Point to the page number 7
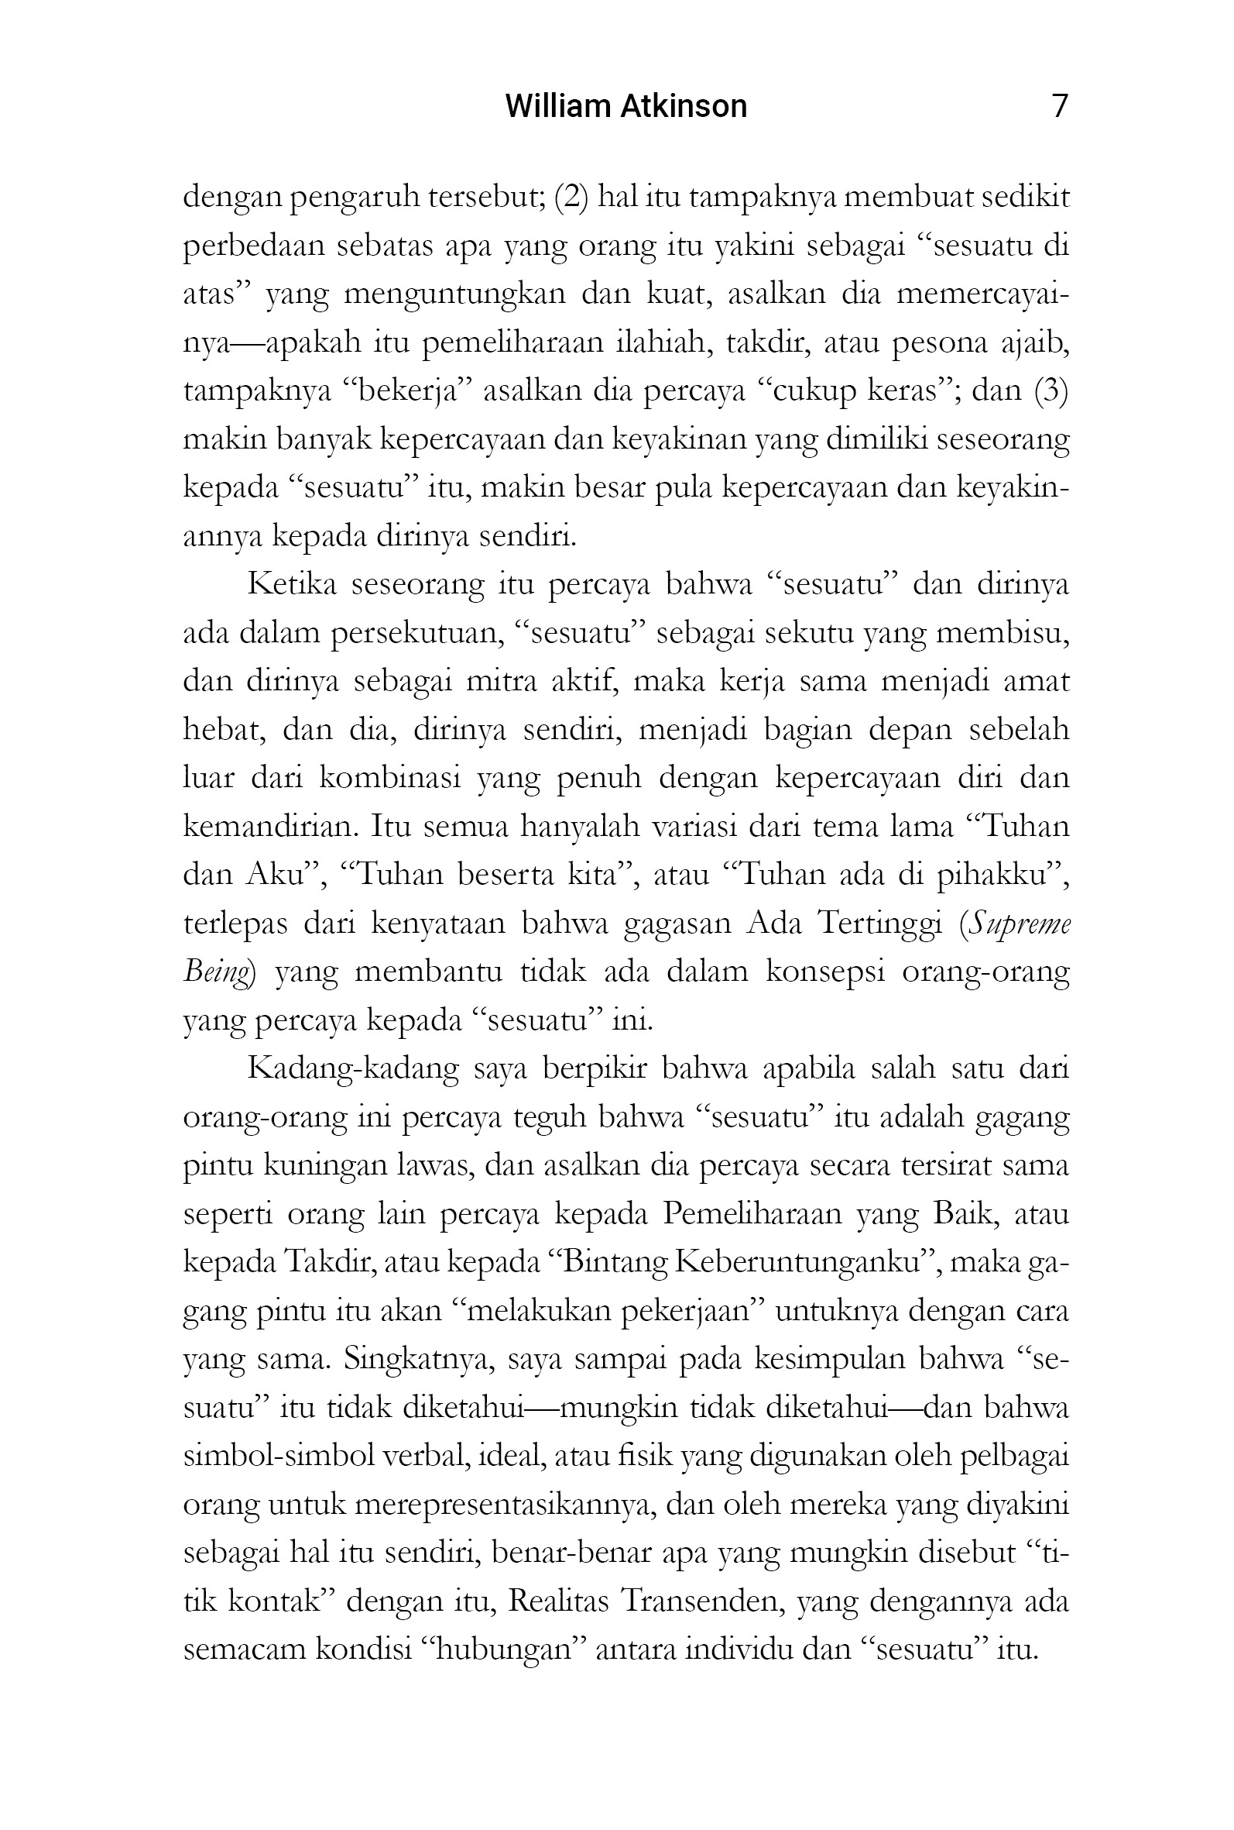pos(1059,105)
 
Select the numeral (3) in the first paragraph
pos(1051,390)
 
